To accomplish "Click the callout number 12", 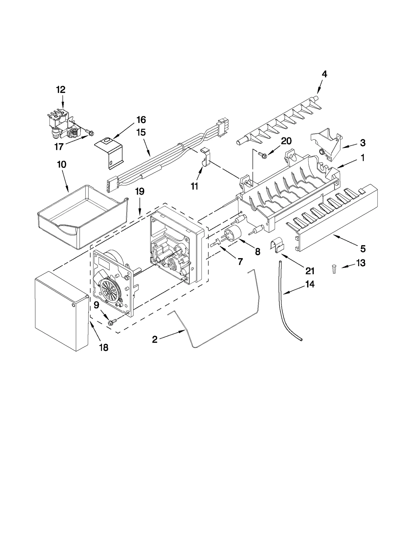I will tap(61, 90).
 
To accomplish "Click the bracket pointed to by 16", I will tap(109, 153).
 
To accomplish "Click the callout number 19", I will tap(140, 191).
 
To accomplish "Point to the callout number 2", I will tap(155, 339).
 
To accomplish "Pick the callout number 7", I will tap(240, 261).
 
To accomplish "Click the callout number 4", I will tap(324, 74).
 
